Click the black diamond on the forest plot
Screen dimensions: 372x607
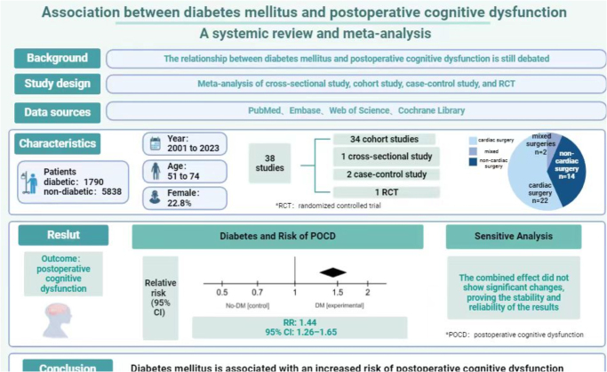(333, 271)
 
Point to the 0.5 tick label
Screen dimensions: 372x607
(222, 292)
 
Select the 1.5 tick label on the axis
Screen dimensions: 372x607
(339, 292)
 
